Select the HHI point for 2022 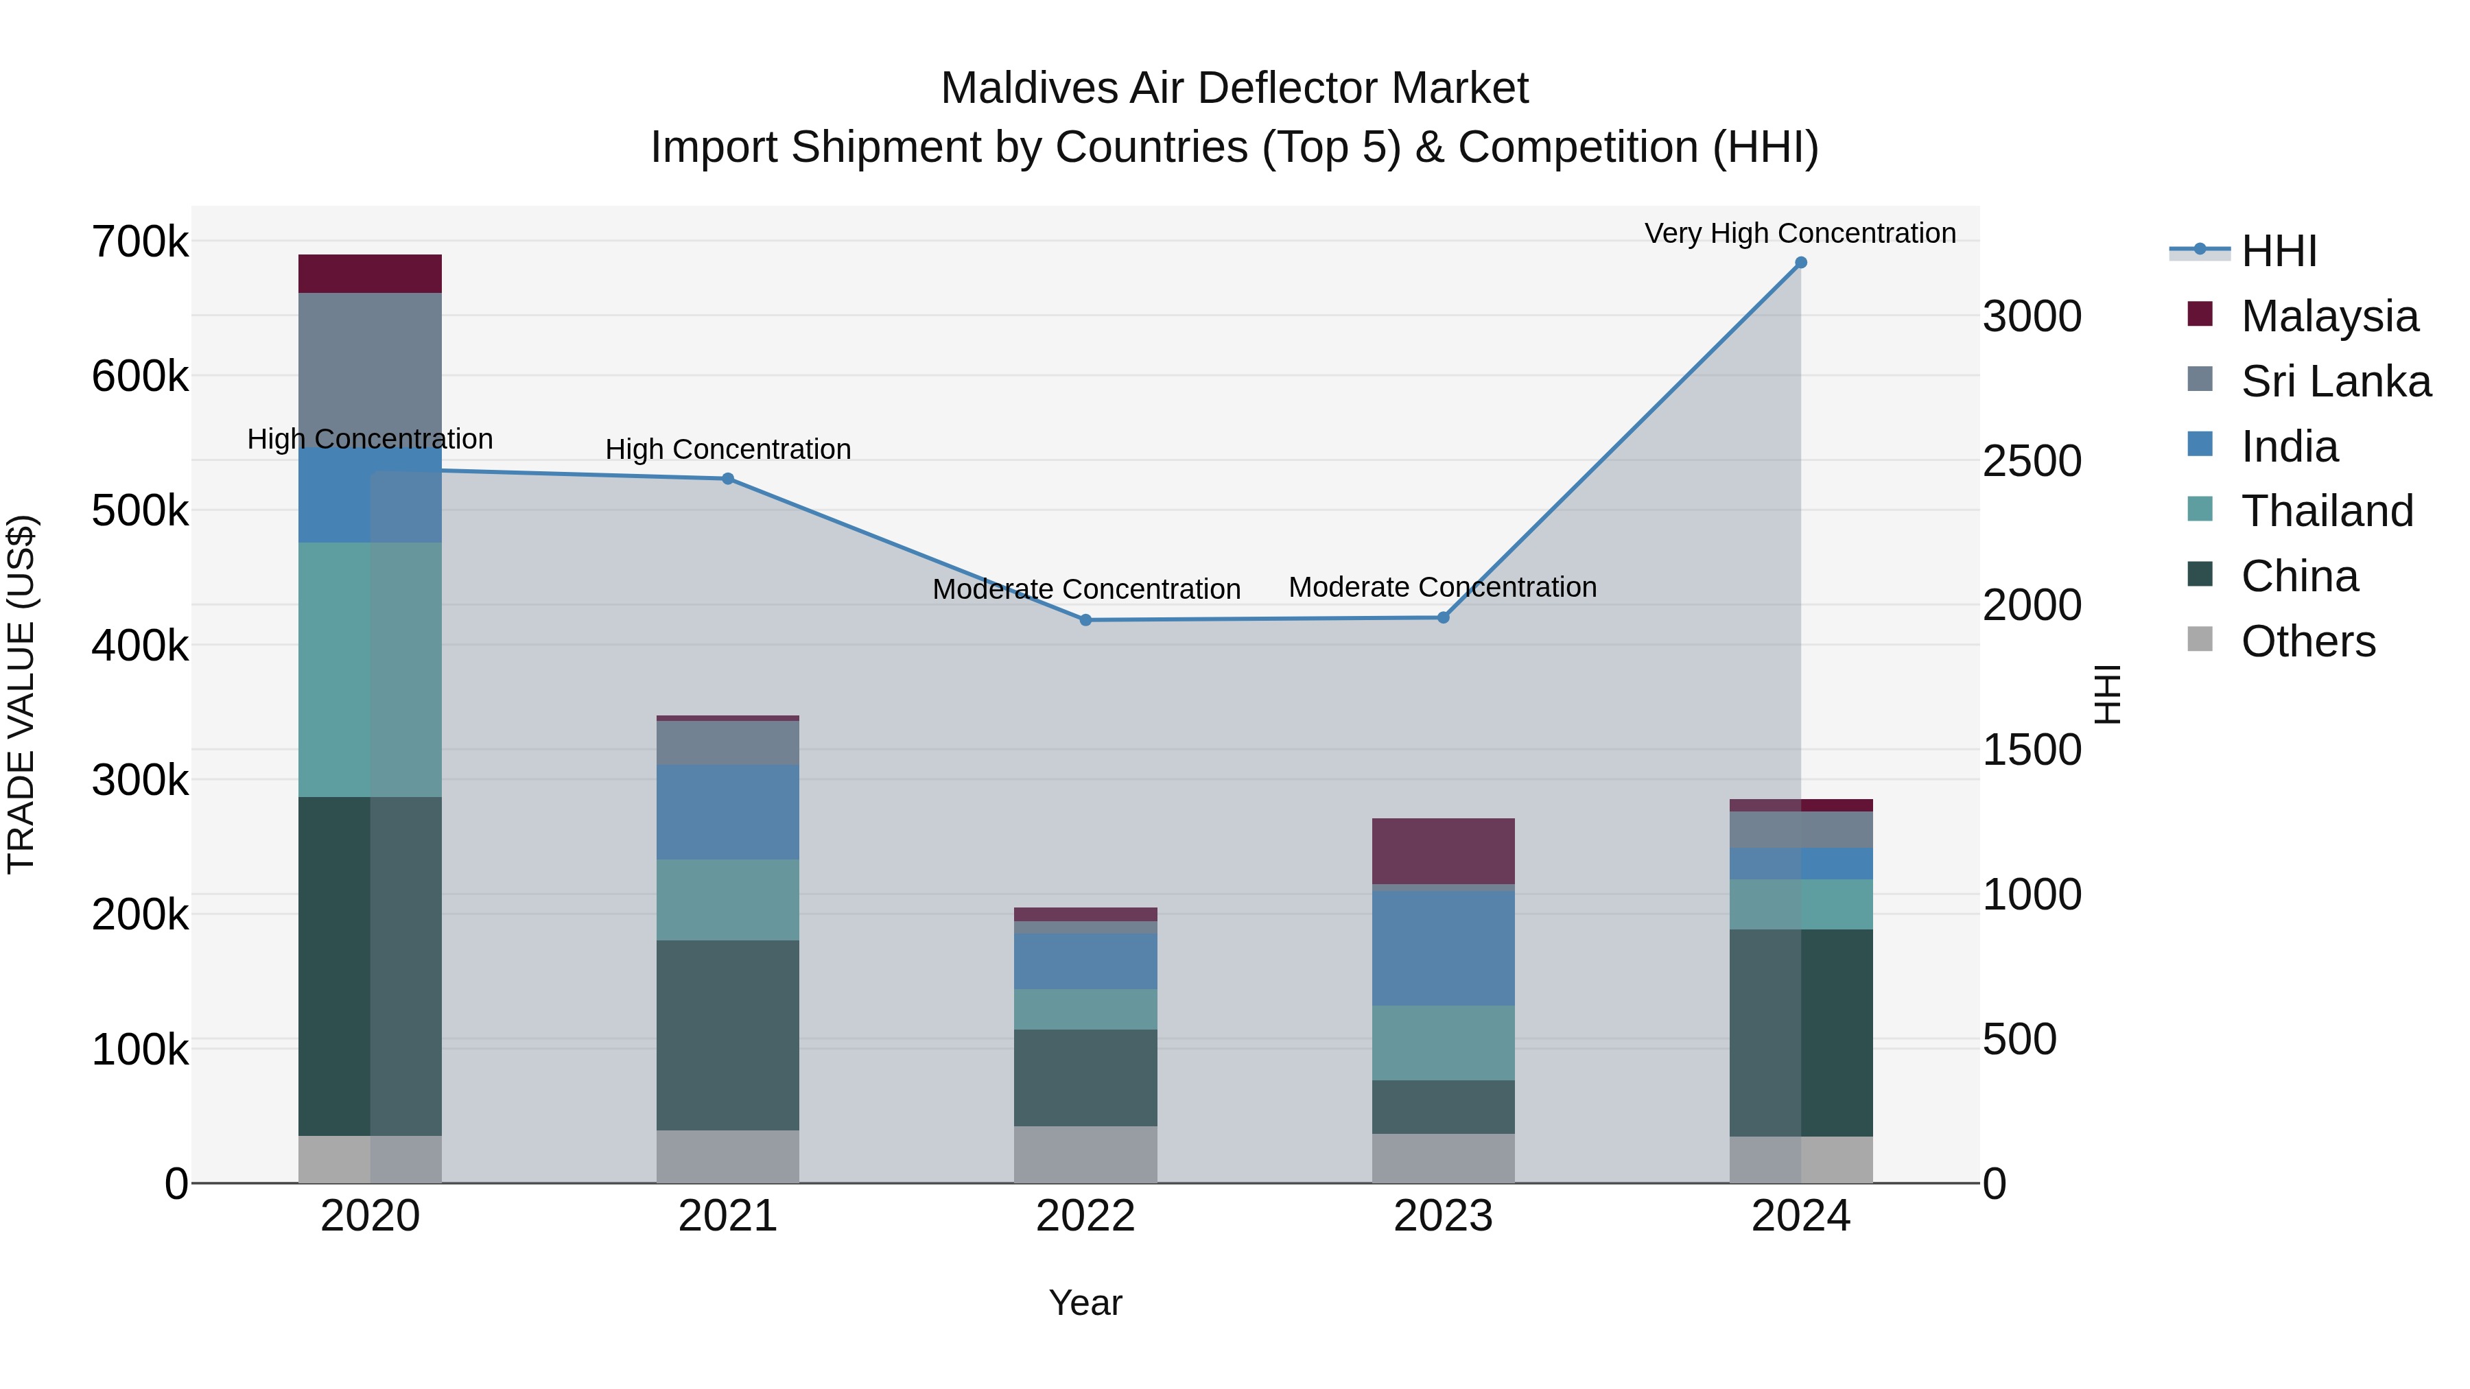pyautogui.click(x=1085, y=620)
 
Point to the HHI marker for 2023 pyautogui.click(x=1443, y=617)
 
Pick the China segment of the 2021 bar pyautogui.click(x=728, y=1034)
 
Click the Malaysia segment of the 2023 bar pyautogui.click(x=1443, y=851)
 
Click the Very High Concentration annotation pyautogui.click(x=1800, y=233)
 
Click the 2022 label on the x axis pyautogui.click(x=1085, y=1216)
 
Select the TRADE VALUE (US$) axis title pyautogui.click(x=21, y=694)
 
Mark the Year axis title pyautogui.click(x=1085, y=1303)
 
